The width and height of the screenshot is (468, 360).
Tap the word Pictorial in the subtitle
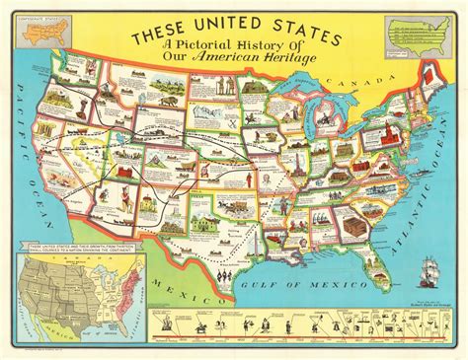(211, 65)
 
